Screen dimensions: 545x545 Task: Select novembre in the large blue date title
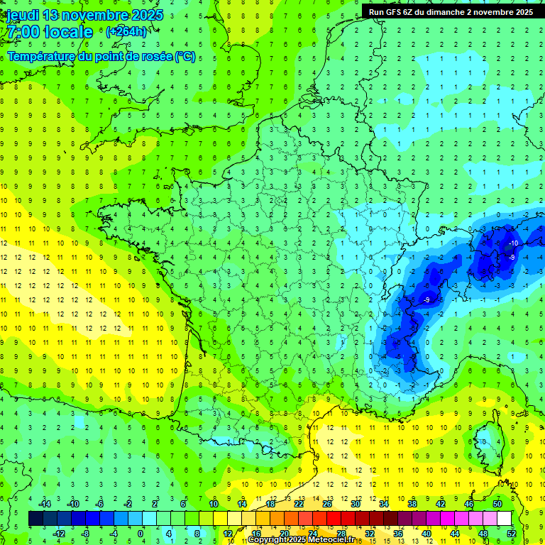point(95,15)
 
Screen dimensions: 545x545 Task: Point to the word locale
point(68,33)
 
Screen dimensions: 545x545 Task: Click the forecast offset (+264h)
point(126,32)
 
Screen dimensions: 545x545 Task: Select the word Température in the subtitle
point(40,57)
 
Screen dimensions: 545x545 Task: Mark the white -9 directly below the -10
point(512,257)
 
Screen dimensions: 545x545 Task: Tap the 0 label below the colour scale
point(141,534)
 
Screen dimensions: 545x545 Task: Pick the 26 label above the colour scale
point(327,504)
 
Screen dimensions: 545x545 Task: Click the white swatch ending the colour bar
point(504,519)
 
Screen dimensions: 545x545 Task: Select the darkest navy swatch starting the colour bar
point(35,519)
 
